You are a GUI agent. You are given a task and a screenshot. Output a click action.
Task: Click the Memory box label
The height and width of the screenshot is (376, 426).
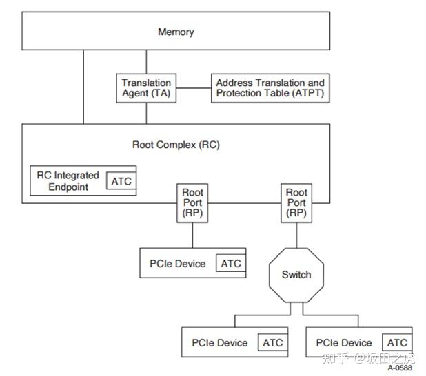(x=176, y=32)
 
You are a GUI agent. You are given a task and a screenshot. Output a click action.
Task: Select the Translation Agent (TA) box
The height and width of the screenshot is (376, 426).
(x=145, y=88)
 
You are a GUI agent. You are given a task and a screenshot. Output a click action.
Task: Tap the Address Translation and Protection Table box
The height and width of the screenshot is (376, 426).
(x=270, y=88)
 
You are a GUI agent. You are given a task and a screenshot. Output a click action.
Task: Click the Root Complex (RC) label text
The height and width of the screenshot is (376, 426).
(x=176, y=145)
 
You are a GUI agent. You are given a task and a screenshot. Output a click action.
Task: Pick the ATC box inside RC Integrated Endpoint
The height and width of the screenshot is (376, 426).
(x=121, y=181)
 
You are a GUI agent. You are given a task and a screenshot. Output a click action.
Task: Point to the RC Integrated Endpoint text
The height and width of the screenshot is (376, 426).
(x=68, y=181)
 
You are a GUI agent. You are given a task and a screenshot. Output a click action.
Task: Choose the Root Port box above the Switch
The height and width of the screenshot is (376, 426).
(x=296, y=202)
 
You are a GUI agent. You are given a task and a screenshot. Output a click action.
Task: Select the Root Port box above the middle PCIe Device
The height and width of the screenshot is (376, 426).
(x=192, y=202)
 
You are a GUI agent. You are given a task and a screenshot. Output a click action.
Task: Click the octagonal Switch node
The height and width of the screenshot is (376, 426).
(x=296, y=275)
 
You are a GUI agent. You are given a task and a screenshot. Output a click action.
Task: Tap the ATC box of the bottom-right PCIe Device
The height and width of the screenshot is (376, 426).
(x=397, y=342)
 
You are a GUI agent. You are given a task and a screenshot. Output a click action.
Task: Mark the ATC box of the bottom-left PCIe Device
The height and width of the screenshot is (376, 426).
(x=272, y=342)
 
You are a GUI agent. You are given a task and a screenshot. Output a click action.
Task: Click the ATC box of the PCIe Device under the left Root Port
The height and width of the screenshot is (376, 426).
(x=231, y=263)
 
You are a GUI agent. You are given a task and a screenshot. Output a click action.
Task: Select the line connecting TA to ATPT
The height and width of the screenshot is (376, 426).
(x=192, y=88)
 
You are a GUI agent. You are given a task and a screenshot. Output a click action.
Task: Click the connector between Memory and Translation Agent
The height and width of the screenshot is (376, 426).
(x=146, y=61)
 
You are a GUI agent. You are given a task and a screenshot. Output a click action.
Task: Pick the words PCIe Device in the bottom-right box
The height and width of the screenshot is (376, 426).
(x=344, y=342)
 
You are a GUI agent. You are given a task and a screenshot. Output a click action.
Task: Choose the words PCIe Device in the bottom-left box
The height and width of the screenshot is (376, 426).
(x=219, y=342)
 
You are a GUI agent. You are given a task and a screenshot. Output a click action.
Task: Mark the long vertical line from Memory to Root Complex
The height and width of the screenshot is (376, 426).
(x=83, y=86)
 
